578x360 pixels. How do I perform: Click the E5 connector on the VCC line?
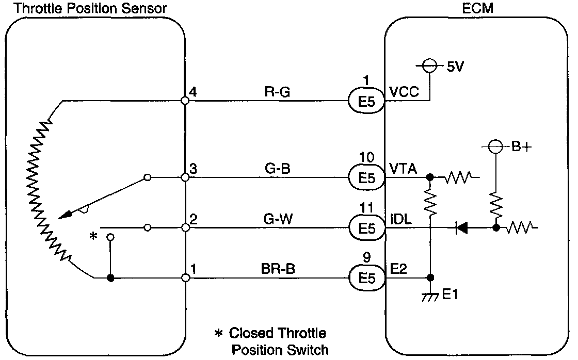pos(367,101)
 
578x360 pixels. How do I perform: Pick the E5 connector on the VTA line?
pos(367,178)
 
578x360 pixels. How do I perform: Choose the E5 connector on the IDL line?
pos(367,227)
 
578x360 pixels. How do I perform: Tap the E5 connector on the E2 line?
pos(367,277)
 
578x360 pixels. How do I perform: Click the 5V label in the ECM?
pos(456,67)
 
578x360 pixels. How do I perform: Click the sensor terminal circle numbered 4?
pos(185,101)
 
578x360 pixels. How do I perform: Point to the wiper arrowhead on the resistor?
pos(68,212)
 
